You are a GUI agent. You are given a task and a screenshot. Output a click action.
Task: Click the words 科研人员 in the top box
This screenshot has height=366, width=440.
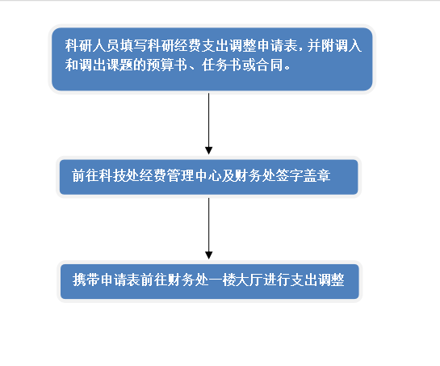92,45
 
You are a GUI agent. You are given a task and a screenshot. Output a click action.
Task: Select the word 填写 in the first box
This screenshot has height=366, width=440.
133,45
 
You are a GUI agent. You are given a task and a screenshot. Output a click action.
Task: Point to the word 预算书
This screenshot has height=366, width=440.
167,65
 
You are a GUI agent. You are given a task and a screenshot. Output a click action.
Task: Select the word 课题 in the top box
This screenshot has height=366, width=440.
119,65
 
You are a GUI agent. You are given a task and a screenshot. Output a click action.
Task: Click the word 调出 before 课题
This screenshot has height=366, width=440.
92,65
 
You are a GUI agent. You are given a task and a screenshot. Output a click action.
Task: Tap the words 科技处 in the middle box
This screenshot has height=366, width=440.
119,175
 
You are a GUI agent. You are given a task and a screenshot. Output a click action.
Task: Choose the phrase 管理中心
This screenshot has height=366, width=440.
195,175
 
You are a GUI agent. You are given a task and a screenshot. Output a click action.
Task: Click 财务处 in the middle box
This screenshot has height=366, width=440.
255,175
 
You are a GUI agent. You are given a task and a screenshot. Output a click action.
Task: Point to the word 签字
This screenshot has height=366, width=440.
290,175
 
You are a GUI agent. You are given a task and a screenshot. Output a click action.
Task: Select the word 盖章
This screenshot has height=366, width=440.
316,175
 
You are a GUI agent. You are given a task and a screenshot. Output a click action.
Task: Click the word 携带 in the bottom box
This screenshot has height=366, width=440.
86,280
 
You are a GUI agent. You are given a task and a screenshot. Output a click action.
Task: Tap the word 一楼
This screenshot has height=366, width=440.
222,280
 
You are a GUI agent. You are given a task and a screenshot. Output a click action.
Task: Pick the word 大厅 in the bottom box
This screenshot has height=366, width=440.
249,280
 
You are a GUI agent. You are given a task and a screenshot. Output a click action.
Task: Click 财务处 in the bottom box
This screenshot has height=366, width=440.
188,280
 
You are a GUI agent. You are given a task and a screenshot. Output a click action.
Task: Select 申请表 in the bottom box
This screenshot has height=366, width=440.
120,280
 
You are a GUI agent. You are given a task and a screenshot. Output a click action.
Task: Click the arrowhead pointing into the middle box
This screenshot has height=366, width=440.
209,150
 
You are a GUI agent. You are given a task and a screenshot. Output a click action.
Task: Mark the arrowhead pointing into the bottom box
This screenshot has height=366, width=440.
209,255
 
